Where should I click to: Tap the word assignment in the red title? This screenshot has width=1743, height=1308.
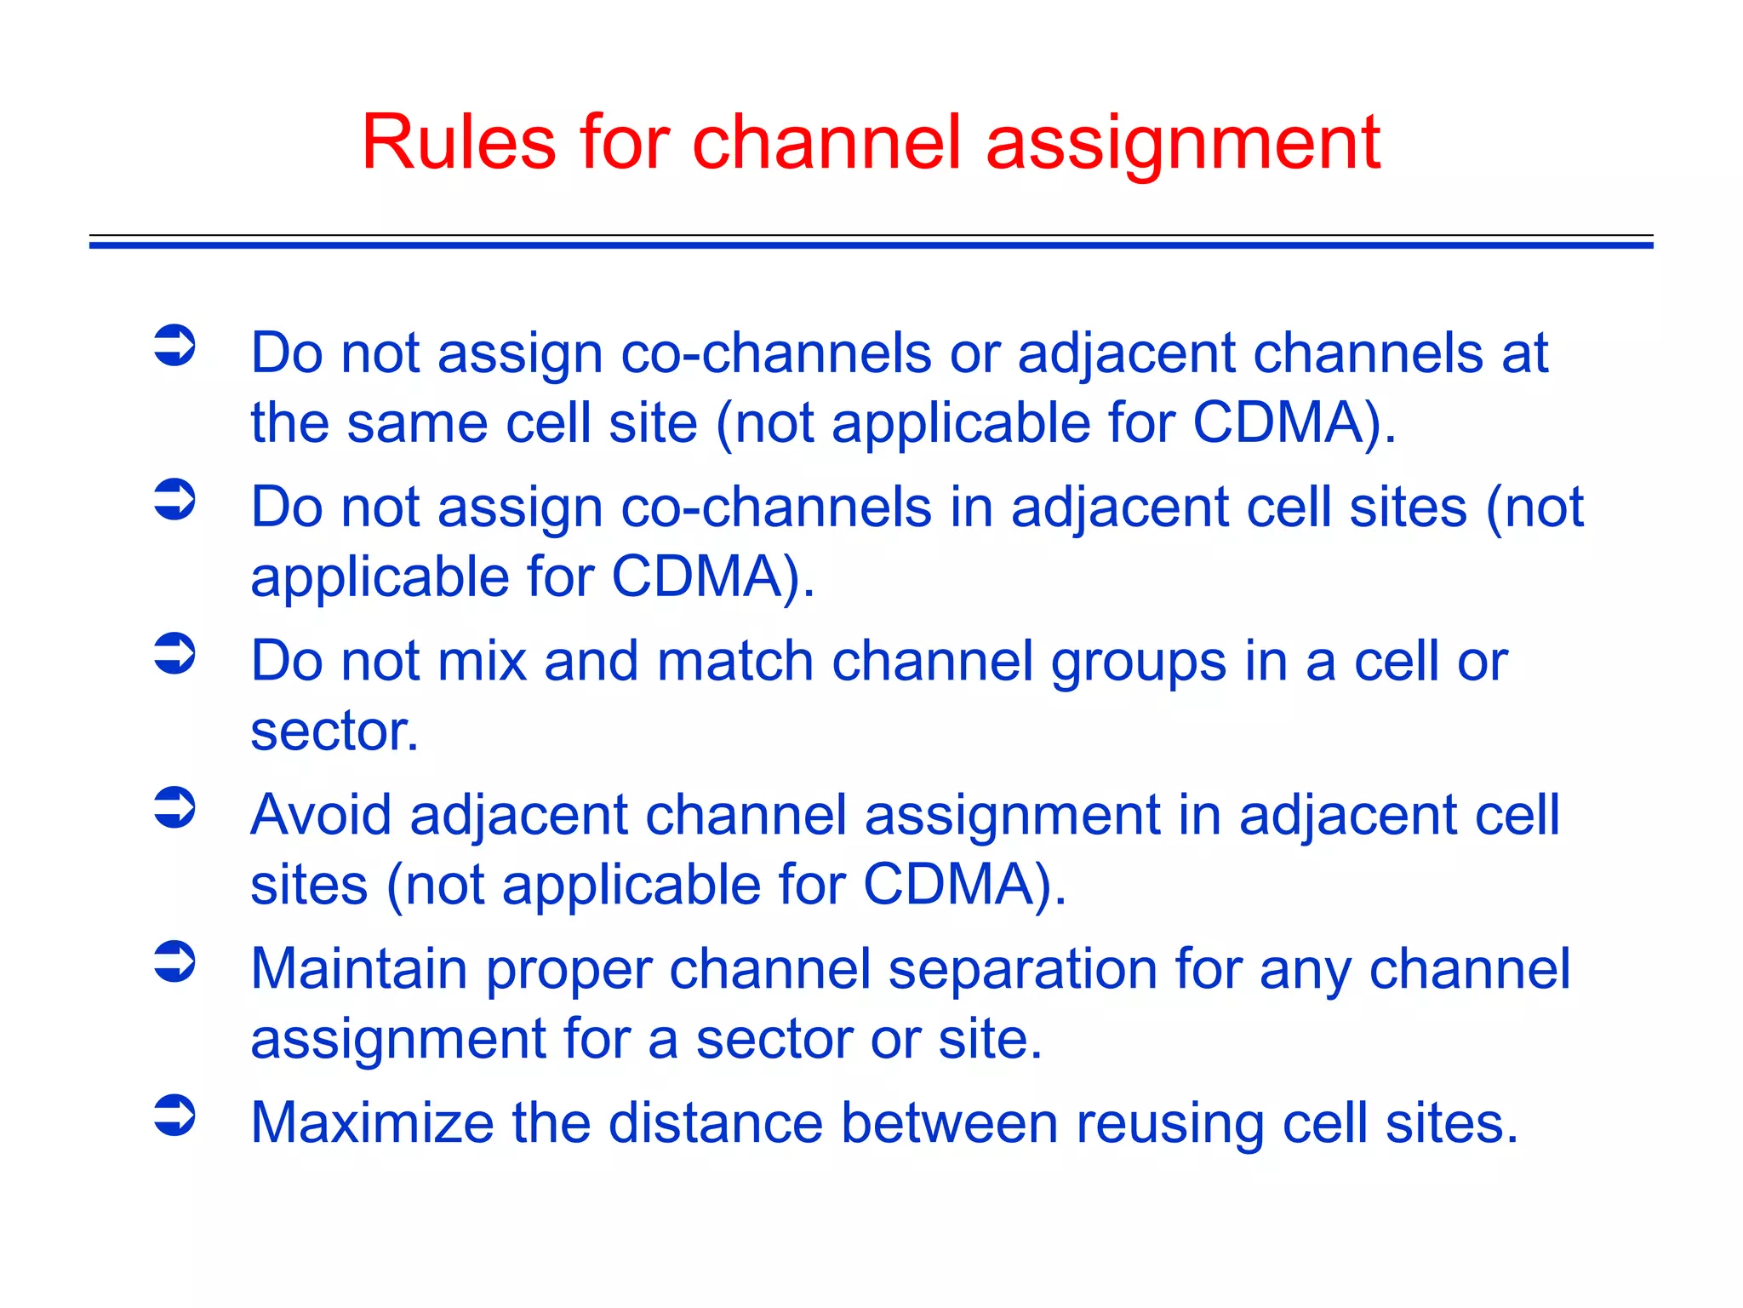(1183, 145)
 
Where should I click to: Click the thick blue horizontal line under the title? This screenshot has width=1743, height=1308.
(871, 245)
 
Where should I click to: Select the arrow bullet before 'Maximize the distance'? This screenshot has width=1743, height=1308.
(175, 1116)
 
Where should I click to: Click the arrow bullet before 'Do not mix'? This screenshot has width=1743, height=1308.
(175, 653)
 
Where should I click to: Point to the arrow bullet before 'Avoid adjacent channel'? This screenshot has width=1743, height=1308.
(175, 807)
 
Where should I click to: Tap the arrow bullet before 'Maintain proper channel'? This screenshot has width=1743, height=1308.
(175, 961)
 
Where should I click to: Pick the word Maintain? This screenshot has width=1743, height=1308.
(358, 969)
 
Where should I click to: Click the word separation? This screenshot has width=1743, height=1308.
(1022, 971)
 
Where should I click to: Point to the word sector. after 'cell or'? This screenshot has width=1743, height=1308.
(334, 731)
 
